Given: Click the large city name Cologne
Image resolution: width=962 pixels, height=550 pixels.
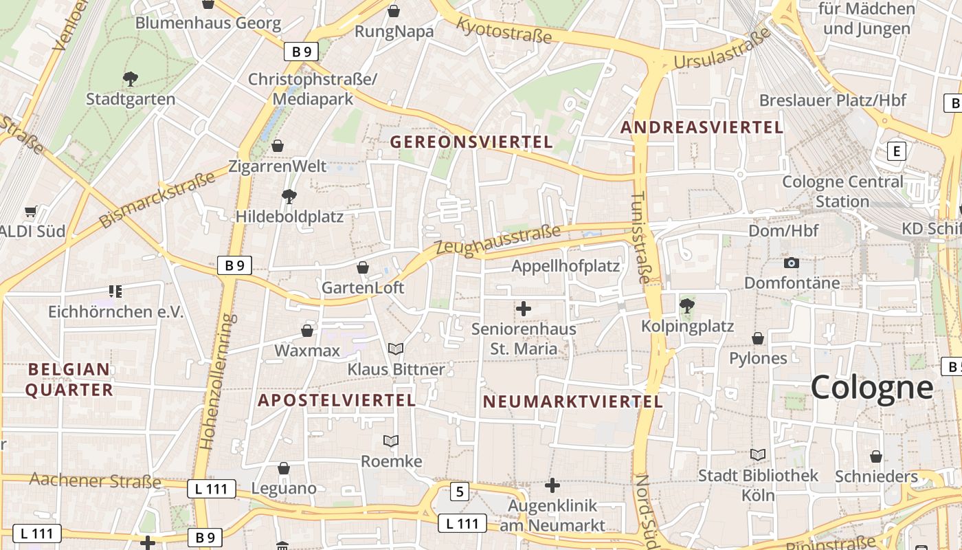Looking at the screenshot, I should pyautogui.click(x=871, y=388).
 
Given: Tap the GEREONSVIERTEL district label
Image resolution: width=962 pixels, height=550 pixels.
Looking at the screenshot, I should pyautogui.click(x=471, y=142).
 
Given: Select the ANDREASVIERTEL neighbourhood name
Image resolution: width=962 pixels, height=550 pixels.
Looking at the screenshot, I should pyautogui.click(x=702, y=127).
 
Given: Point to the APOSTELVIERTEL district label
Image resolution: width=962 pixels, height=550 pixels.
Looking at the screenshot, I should pyautogui.click(x=337, y=400).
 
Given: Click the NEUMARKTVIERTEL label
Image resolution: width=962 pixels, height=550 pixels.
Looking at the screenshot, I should pyautogui.click(x=573, y=401).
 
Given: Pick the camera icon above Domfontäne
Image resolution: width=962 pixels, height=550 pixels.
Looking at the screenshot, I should pyautogui.click(x=792, y=263).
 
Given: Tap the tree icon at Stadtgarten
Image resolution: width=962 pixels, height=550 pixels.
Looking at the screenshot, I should pyautogui.click(x=130, y=78).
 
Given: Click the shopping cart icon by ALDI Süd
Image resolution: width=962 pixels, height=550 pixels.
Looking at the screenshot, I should pyautogui.click(x=30, y=211).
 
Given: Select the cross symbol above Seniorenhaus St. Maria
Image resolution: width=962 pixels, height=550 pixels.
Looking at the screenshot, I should pyautogui.click(x=524, y=309).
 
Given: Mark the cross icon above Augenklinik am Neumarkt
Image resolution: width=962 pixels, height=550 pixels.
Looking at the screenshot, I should pyautogui.click(x=552, y=486).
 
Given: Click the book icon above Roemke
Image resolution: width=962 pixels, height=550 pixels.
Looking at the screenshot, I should pyautogui.click(x=391, y=441).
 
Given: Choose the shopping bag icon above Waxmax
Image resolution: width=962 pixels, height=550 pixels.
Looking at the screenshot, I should pyautogui.click(x=307, y=331).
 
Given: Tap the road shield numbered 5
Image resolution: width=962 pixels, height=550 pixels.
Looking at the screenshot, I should pyautogui.click(x=460, y=492).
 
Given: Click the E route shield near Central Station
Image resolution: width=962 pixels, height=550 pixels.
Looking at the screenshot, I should pyautogui.click(x=896, y=151).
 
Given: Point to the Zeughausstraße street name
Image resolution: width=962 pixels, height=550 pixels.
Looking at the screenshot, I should pyautogui.click(x=498, y=241).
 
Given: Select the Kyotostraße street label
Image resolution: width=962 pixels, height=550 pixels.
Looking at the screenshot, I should pyautogui.click(x=504, y=30).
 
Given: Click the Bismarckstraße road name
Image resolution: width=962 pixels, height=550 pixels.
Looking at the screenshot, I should pyautogui.click(x=157, y=200).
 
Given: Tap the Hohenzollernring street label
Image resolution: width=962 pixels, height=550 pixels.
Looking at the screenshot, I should pyautogui.click(x=219, y=382).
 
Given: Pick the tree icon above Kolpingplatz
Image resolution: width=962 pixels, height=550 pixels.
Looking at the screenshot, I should pyautogui.click(x=686, y=305).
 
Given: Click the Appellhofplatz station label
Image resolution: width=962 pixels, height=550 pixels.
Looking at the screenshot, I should pyautogui.click(x=566, y=266).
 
